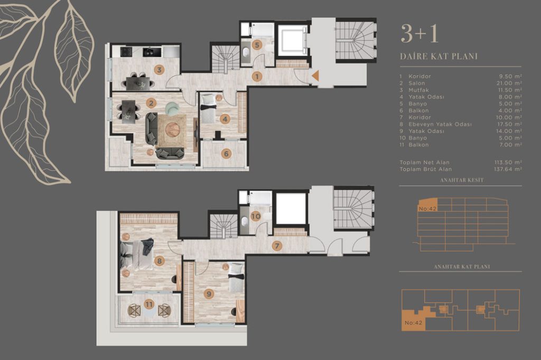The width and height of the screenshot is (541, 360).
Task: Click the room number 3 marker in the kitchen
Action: pos(159,70)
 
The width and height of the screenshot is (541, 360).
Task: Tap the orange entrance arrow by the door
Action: pos(315,76)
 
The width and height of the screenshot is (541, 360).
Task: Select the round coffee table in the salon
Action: pos(173,129)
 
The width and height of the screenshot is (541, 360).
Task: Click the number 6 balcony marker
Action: pos(226,154)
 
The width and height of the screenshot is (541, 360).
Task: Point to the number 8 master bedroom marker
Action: pos(159,261)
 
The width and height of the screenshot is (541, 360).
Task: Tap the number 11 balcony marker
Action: pos(149,305)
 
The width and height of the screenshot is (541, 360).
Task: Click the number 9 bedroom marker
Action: pos(208,294)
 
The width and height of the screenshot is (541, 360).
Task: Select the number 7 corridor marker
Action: pos(277,246)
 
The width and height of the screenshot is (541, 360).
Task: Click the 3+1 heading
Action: pos(419,34)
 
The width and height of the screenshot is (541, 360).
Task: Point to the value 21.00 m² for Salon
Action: pos(508,83)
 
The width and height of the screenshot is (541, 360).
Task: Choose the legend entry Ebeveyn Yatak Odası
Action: pos(440,124)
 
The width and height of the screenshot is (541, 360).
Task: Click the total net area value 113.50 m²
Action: pos(508,162)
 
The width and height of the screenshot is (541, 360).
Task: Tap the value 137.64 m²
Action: pos(508,169)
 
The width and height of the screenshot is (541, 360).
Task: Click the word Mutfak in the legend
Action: pos(419,90)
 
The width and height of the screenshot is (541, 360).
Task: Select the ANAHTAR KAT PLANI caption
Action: pos(462,267)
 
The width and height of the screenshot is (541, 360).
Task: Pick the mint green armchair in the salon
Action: pos(172,108)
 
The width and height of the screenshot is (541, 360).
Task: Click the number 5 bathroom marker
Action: pos(257,44)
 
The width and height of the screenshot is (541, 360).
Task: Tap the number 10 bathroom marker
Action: pos(256,216)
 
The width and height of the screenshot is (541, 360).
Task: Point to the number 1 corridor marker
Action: pos(257,76)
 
